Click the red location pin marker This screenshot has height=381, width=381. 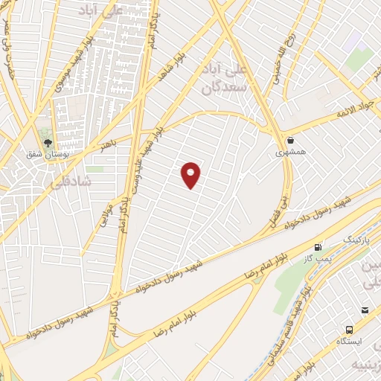click(x=192, y=175)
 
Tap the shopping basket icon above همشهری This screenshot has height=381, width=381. click(x=290, y=140)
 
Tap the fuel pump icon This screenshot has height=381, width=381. click(x=318, y=246)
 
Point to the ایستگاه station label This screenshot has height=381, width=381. click(x=349, y=341)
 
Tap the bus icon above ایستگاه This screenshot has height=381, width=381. click(x=349, y=329)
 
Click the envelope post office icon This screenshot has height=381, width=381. click(x=365, y=310)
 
